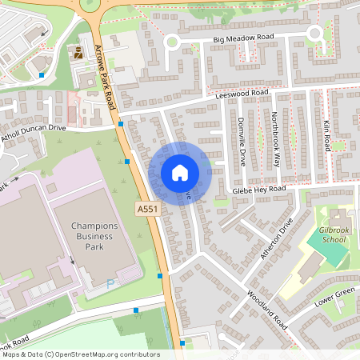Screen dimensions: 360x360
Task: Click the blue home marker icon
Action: point(180,173)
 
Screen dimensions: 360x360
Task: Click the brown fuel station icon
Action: point(78,53)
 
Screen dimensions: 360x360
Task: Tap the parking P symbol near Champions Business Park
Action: point(110,282)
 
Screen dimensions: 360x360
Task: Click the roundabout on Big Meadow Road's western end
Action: point(170,42)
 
